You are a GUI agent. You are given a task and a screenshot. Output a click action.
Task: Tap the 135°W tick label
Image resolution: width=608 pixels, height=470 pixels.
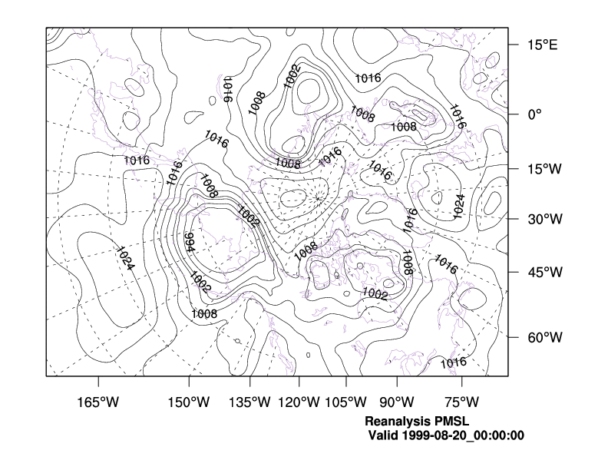(x=253, y=402)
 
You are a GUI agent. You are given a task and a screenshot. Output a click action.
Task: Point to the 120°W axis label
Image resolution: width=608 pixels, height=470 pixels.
(x=299, y=402)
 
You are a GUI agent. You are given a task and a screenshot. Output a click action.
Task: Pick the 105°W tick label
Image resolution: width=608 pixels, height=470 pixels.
(x=345, y=402)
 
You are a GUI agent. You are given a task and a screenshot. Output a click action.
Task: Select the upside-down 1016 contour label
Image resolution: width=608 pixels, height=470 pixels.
(x=227, y=90)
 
